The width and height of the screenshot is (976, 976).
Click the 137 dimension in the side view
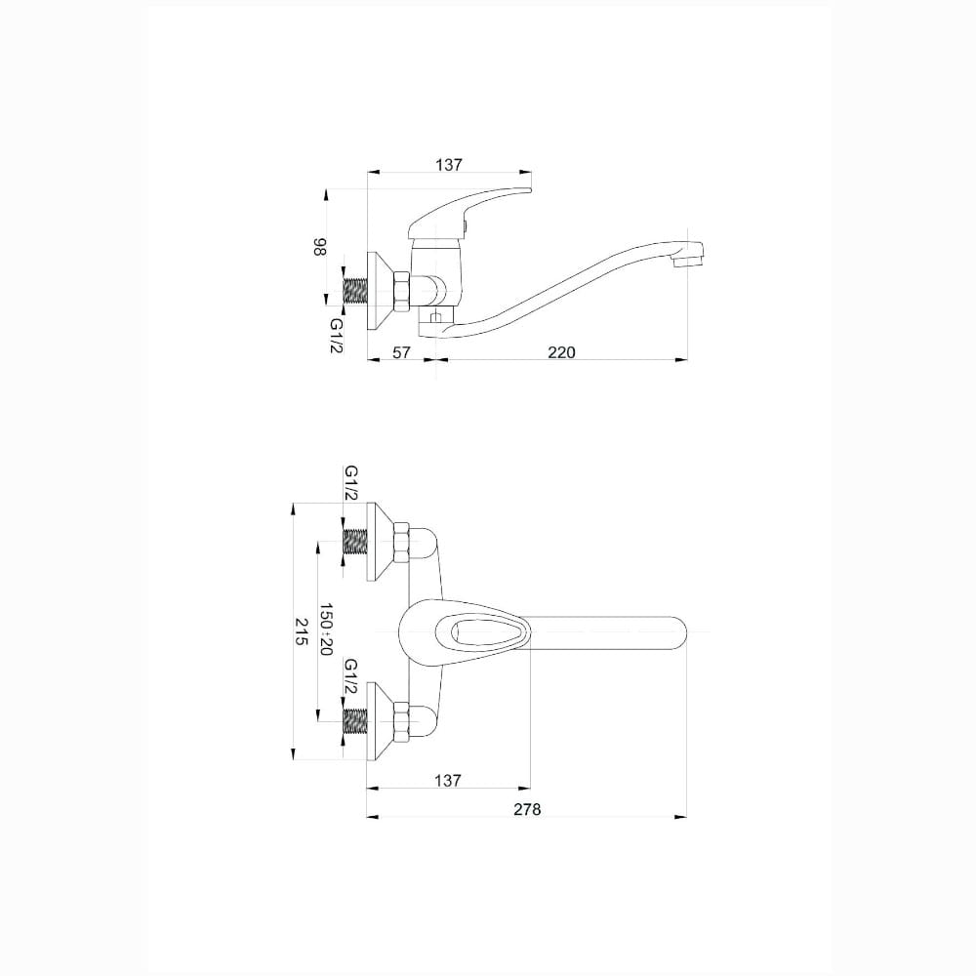(x=449, y=165)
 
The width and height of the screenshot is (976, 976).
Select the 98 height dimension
(x=319, y=247)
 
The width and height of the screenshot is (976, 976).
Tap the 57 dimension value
(x=402, y=352)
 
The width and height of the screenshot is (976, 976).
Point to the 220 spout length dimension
(x=561, y=352)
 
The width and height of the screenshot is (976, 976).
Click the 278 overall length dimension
(x=527, y=809)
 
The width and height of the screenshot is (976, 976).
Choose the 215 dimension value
(x=302, y=631)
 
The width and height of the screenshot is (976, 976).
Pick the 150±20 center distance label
(x=326, y=630)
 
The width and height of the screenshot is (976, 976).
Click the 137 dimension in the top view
(x=448, y=780)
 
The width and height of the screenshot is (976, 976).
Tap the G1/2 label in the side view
(x=336, y=336)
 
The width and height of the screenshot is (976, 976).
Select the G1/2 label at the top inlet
(x=351, y=482)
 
